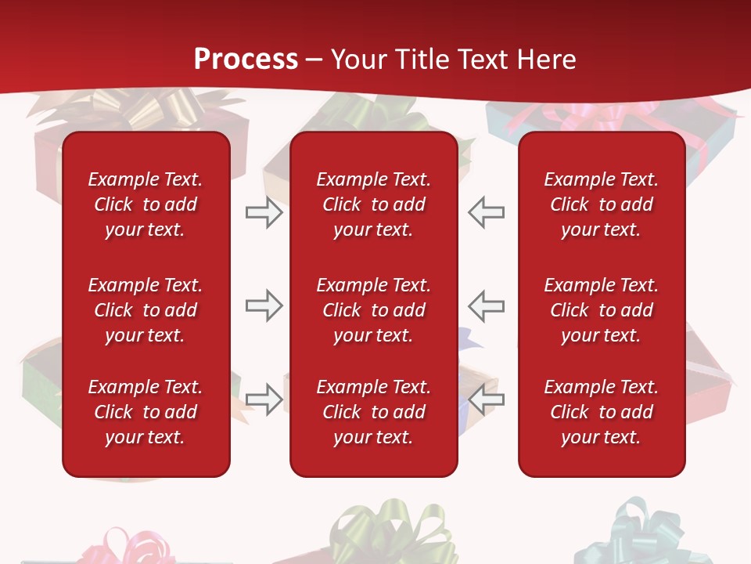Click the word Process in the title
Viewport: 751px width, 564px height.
(246, 60)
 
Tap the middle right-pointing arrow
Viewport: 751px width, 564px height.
(264, 305)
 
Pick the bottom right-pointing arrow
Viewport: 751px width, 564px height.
(264, 399)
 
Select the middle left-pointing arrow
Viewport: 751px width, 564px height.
(486, 305)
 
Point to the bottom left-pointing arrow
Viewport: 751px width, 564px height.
(486, 399)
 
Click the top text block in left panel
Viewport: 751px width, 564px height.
(146, 204)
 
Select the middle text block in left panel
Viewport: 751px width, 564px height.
(146, 310)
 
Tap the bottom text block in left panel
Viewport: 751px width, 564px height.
(146, 412)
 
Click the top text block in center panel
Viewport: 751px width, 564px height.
(373, 204)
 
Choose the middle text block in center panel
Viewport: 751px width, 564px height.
(373, 310)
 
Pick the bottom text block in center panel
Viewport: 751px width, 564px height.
(373, 412)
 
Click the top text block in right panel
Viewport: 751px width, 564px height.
(601, 204)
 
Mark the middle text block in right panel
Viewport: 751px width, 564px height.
(601, 310)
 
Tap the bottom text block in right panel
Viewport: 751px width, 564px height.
(601, 412)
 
